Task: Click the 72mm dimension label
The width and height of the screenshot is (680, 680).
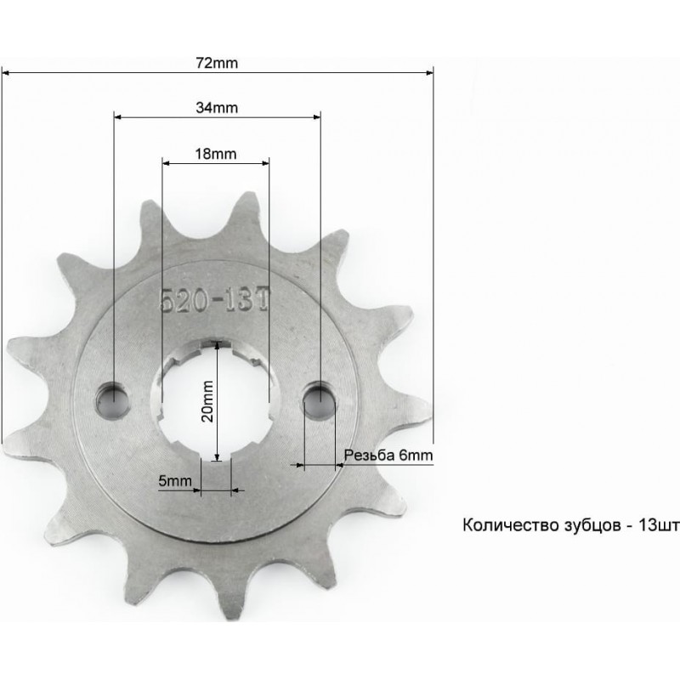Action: [x=217, y=63]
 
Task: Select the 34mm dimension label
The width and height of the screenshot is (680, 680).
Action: [x=217, y=108]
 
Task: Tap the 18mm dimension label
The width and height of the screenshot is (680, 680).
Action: [x=216, y=154]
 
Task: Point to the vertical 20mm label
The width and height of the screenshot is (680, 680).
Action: [x=207, y=401]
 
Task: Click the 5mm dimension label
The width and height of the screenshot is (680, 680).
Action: [x=175, y=480]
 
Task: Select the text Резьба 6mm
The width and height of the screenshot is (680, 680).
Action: [x=388, y=456]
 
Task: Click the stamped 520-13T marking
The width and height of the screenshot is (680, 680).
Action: [x=214, y=300]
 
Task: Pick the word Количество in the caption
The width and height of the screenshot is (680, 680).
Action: [x=511, y=525]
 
